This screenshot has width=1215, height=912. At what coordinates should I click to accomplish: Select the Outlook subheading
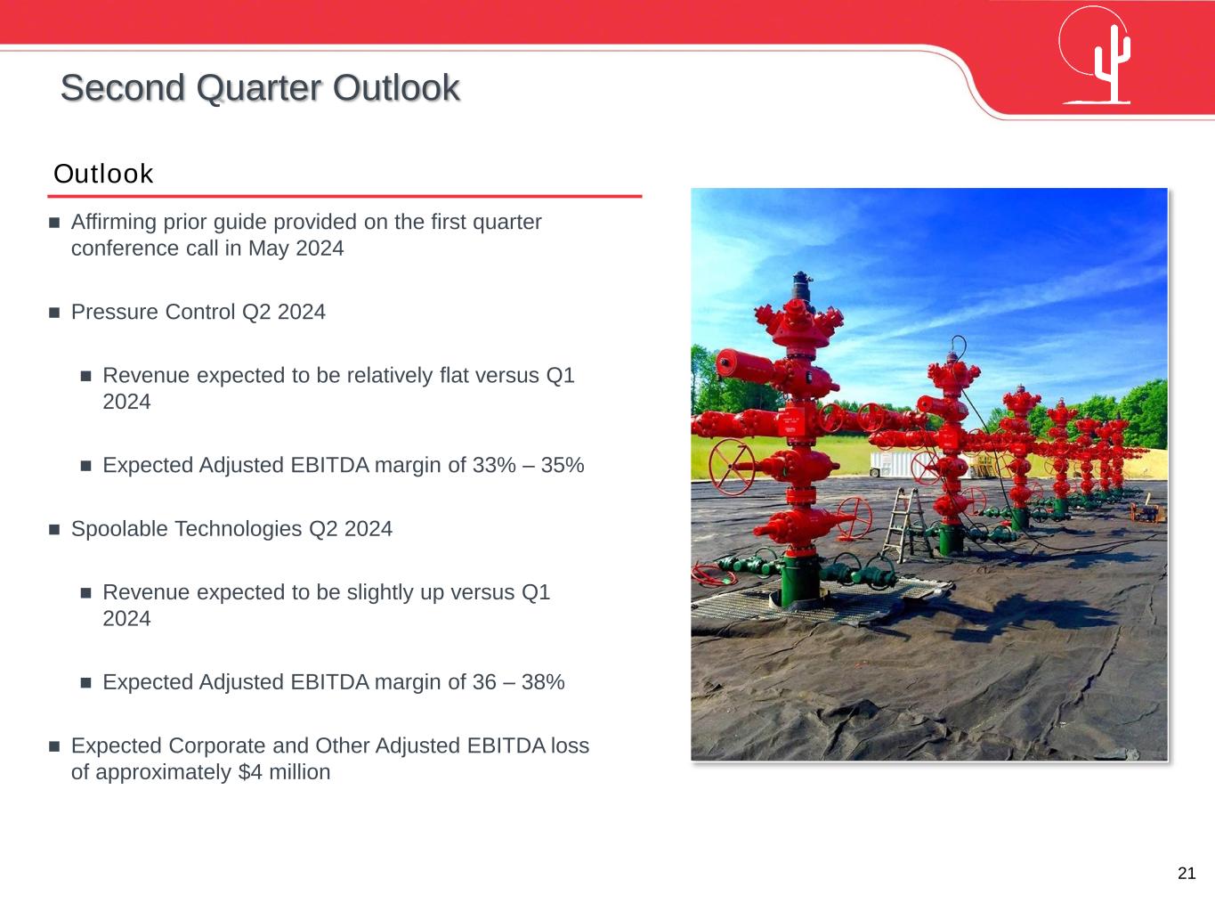point(103,174)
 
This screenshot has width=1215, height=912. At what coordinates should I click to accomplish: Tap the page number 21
point(1187,873)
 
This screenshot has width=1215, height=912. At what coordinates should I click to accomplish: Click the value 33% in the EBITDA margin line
point(494,465)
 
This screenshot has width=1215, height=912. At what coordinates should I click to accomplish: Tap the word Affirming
point(114,222)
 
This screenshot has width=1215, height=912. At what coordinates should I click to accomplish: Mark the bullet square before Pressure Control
point(54,313)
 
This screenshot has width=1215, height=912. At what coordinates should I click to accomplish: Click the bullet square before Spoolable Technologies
point(54,530)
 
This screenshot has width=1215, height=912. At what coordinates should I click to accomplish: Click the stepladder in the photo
point(904,525)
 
